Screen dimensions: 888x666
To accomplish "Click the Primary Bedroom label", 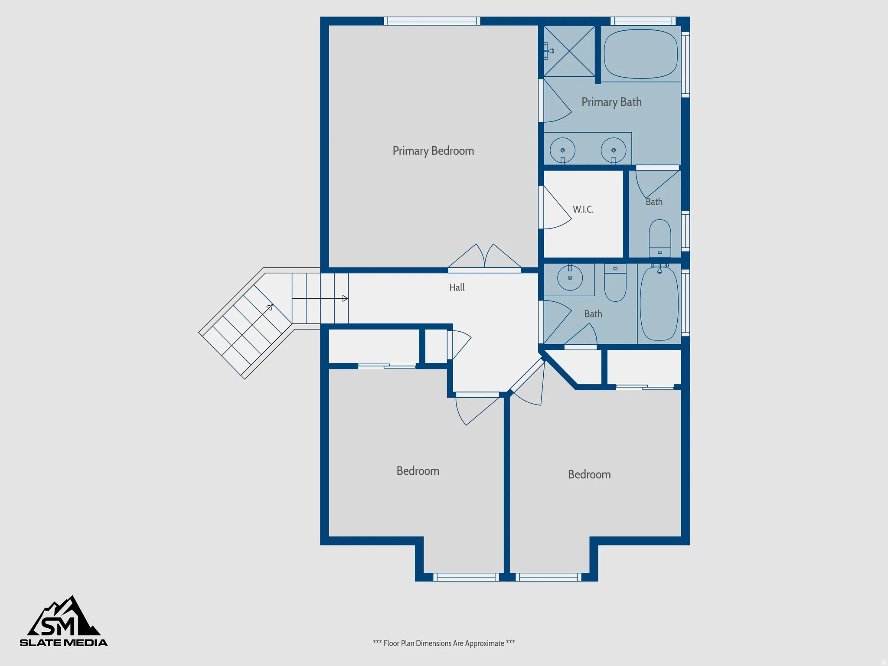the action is pos(433,151).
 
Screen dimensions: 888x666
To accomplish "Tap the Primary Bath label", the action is pos(611,102).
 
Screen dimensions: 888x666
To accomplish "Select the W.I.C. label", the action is pos(583,209).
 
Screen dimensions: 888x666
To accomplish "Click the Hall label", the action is pos(457,287).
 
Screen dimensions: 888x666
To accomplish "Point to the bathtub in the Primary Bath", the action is pos(641,54).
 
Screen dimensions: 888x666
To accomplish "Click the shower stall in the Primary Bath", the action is pos(569,51).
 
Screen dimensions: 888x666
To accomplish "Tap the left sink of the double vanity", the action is pos(562,150).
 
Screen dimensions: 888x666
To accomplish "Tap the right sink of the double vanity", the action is pos(614,150).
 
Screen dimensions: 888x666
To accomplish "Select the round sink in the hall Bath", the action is pos(570,277).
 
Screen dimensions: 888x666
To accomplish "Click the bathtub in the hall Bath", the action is pos(659,304).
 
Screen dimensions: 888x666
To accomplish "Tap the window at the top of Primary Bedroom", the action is pos(432,21).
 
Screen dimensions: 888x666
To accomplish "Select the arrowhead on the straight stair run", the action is pos(345,298).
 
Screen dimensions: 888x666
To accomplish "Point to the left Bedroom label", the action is pos(418,471).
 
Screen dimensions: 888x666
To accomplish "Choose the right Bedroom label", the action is pos(589,474).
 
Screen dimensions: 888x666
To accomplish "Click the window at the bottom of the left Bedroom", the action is pos(466,577).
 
